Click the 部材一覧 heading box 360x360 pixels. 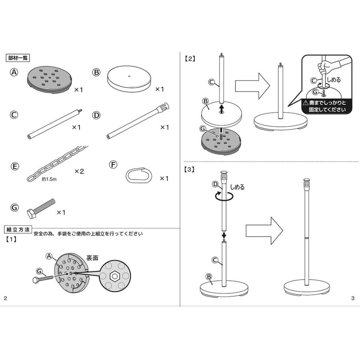pyautogui.click(x=18, y=58)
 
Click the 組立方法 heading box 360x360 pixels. pyautogui.click(x=18, y=230)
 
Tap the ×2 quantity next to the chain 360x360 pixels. pyautogui.click(x=79, y=171)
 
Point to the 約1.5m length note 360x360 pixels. pyautogui.click(x=49, y=180)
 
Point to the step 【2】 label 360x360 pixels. pyautogui.click(x=190, y=58)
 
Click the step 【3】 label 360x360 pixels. pyautogui.click(x=190, y=169)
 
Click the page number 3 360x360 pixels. pyautogui.click(x=352, y=298)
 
